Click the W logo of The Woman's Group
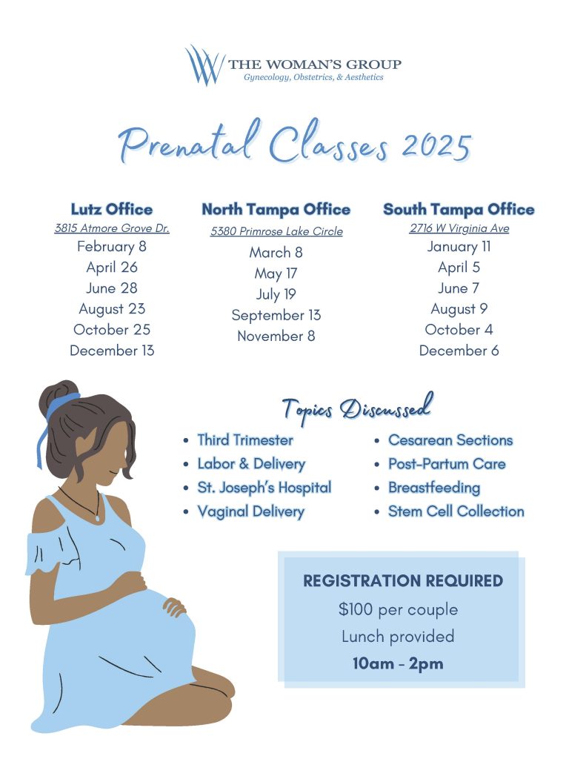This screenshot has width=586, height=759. pyautogui.click(x=204, y=65)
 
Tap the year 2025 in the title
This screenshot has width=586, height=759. pyautogui.click(x=436, y=145)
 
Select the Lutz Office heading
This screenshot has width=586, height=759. pyautogui.click(x=112, y=209)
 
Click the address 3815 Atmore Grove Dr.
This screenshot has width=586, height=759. pyautogui.click(x=112, y=228)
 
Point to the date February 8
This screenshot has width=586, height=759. pyautogui.click(x=112, y=247)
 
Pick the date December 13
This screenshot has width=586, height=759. pyautogui.click(x=112, y=351)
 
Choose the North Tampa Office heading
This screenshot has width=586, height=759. pyautogui.click(x=276, y=210)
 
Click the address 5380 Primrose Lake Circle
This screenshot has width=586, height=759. pyautogui.click(x=276, y=231)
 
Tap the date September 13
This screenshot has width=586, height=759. pyautogui.click(x=276, y=315)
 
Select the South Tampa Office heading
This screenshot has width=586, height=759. pyautogui.click(x=459, y=210)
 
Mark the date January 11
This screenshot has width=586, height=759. pyautogui.click(x=459, y=247)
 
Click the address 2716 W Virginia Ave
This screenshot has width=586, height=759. pyautogui.click(x=459, y=228)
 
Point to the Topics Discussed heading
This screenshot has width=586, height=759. pyautogui.click(x=356, y=408)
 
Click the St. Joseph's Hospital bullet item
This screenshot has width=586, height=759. pyautogui.click(x=264, y=488)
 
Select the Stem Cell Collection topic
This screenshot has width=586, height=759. pyautogui.click(x=456, y=511)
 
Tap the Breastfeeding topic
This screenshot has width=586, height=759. pyautogui.click(x=434, y=488)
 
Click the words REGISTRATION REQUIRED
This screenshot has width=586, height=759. pyautogui.click(x=403, y=581)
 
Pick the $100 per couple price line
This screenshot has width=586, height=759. pyautogui.click(x=398, y=610)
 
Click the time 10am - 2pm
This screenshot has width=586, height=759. pyautogui.click(x=398, y=663)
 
